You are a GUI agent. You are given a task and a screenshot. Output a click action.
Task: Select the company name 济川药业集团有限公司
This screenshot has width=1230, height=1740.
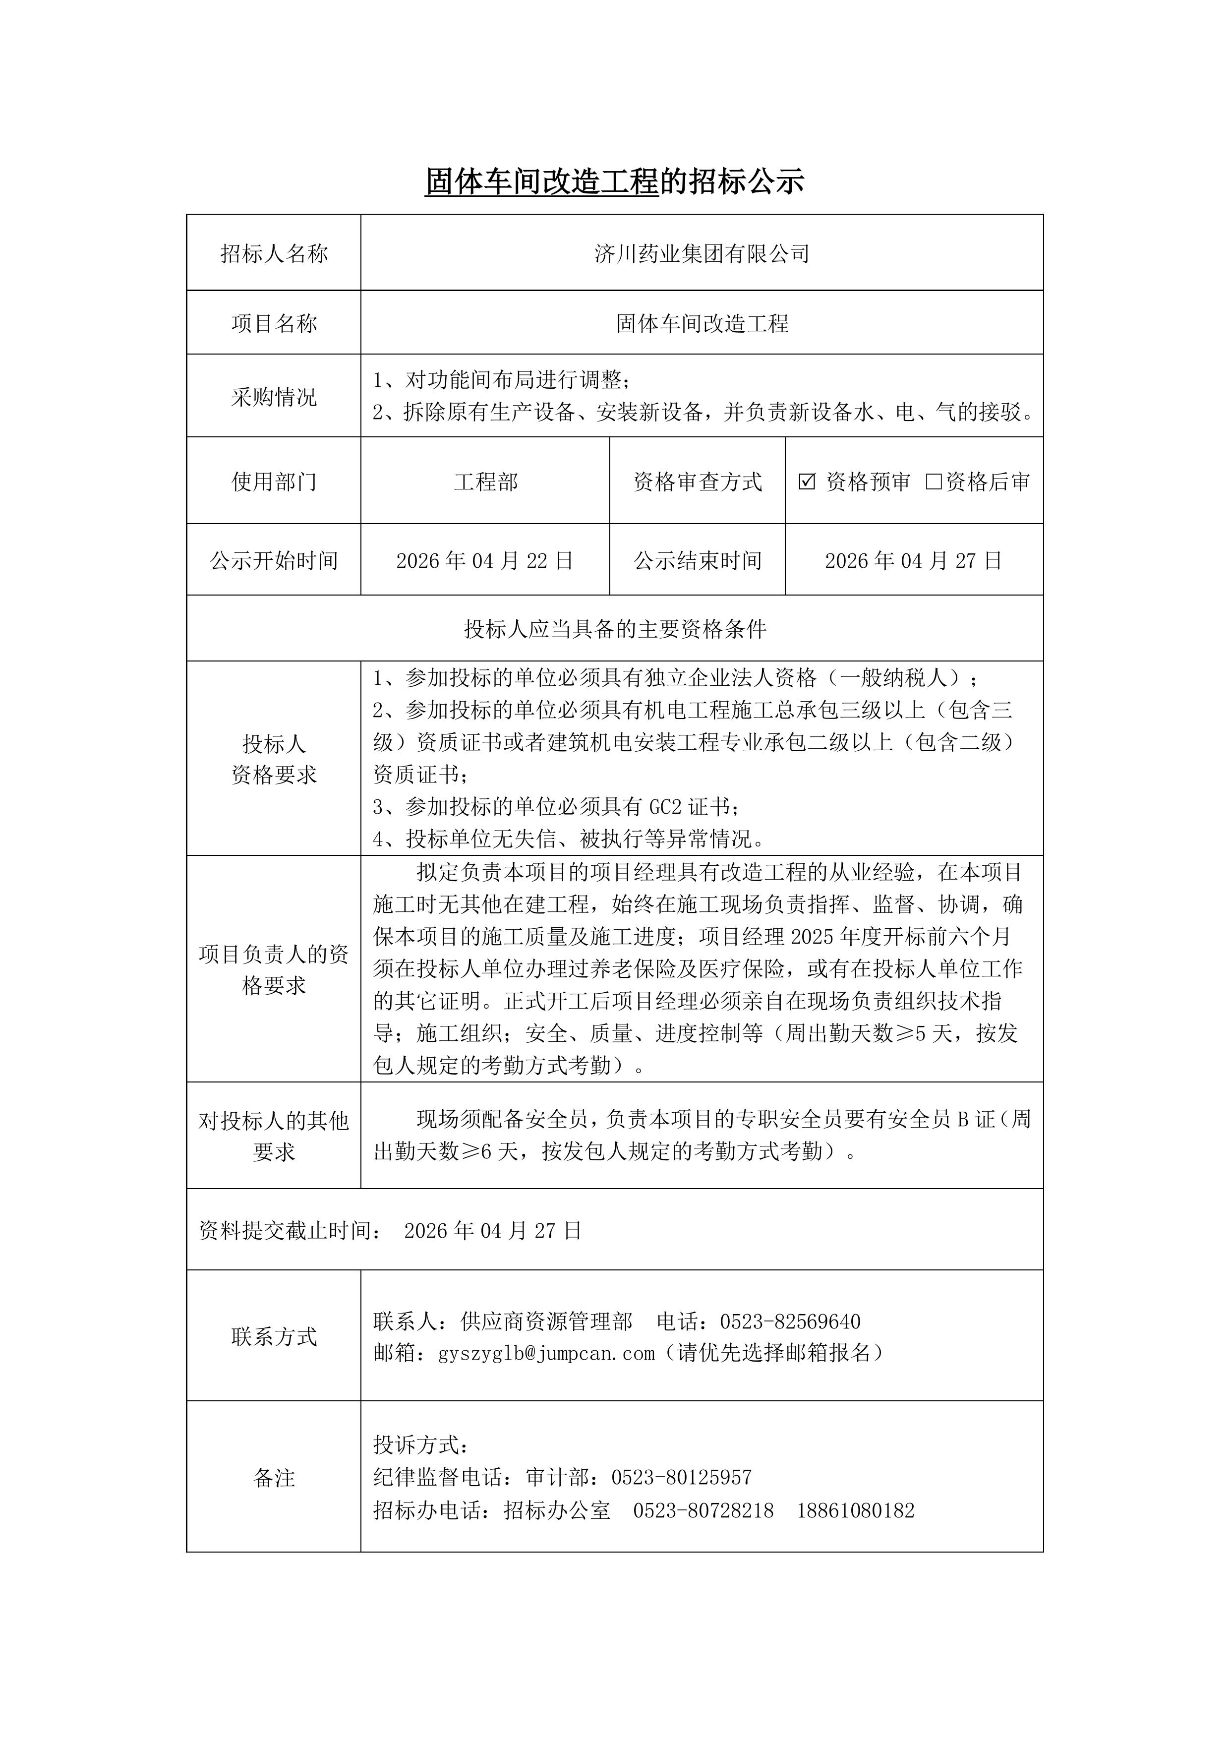[702, 254]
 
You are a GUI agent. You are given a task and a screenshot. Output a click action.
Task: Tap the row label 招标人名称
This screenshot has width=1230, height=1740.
[274, 254]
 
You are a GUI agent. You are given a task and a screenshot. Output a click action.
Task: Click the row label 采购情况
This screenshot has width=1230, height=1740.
[274, 396]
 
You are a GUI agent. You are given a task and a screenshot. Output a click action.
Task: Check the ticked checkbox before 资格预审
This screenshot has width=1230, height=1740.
[807, 481]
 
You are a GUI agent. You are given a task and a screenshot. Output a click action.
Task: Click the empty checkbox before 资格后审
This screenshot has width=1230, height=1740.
[934, 481]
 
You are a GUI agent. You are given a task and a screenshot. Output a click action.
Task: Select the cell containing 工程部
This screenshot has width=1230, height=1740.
[486, 482]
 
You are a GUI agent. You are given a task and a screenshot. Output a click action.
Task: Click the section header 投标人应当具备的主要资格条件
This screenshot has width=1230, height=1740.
[615, 629]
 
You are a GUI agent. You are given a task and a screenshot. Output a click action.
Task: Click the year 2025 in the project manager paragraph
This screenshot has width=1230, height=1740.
[812, 937]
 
